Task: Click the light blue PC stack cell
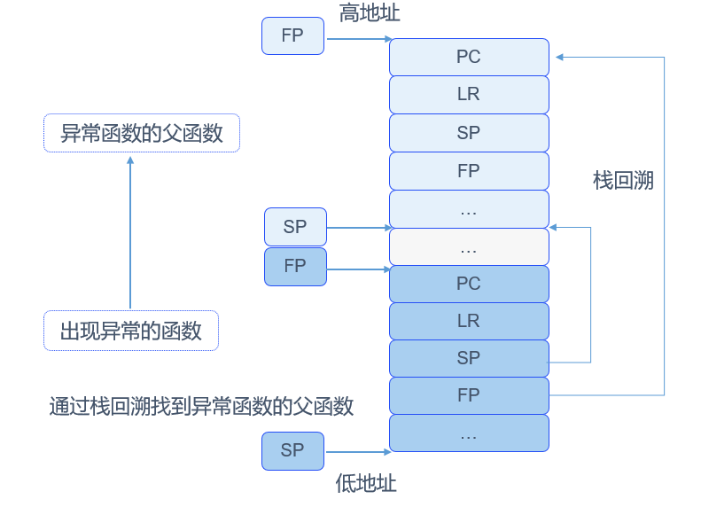coord(469,57)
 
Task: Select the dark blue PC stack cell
coord(469,284)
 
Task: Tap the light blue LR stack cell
coord(469,95)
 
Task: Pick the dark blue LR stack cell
coord(469,321)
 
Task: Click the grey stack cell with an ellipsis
coord(469,247)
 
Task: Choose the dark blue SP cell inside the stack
coord(469,358)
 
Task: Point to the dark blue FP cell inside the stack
coord(469,395)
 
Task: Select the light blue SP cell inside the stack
coord(469,133)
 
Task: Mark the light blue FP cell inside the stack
coord(469,171)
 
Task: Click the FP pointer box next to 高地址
coord(292,36)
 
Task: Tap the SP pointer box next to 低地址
coord(292,450)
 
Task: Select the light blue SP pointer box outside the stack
coord(295,227)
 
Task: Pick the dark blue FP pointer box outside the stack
coord(295,266)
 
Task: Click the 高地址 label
coord(370,13)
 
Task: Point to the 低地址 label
coord(366,484)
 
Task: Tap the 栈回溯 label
coord(623,181)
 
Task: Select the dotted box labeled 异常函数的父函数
coord(142,133)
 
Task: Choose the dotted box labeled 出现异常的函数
coord(131,331)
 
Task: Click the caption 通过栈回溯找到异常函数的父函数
coord(202,407)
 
